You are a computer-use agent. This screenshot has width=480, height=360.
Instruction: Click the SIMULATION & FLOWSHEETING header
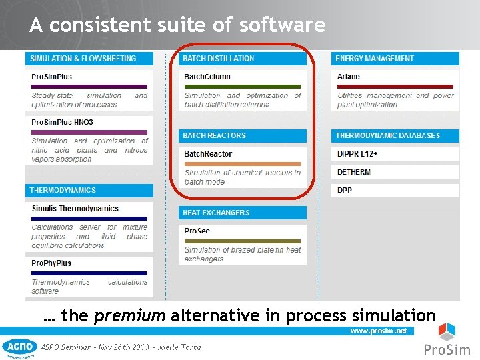point(83,59)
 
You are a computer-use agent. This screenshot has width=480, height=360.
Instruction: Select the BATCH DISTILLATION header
point(219,59)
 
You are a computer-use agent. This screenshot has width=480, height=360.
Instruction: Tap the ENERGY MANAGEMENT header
point(375,59)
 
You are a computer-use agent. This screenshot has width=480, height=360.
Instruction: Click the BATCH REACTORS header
point(215,135)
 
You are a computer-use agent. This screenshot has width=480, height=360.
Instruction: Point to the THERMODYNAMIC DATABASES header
point(387,135)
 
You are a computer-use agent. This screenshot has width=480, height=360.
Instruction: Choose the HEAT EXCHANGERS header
point(216,213)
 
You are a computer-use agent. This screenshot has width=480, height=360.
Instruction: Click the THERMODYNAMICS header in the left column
point(63,190)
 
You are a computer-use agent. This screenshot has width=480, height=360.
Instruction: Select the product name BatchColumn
point(207,77)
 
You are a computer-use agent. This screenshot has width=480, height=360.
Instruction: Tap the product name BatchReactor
point(208,154)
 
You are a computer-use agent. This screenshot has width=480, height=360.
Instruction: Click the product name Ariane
point(349,77)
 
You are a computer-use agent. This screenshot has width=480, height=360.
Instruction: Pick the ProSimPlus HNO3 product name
point(62,123)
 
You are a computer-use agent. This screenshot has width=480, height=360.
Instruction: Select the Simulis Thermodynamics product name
point(75,209)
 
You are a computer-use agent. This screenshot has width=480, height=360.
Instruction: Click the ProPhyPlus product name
point(51,263)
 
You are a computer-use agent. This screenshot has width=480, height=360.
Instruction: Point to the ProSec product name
point(197,231)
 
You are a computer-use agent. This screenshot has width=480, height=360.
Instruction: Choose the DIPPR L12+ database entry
point(357,154)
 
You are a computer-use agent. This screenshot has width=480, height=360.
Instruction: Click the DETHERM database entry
point(354,172)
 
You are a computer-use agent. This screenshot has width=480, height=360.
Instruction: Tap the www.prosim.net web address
point(378,331)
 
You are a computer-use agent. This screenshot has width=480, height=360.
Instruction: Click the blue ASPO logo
point(20,347)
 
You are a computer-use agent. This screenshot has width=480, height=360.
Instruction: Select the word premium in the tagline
point(130,315)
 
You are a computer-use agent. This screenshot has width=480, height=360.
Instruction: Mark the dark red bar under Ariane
point(395,87)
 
